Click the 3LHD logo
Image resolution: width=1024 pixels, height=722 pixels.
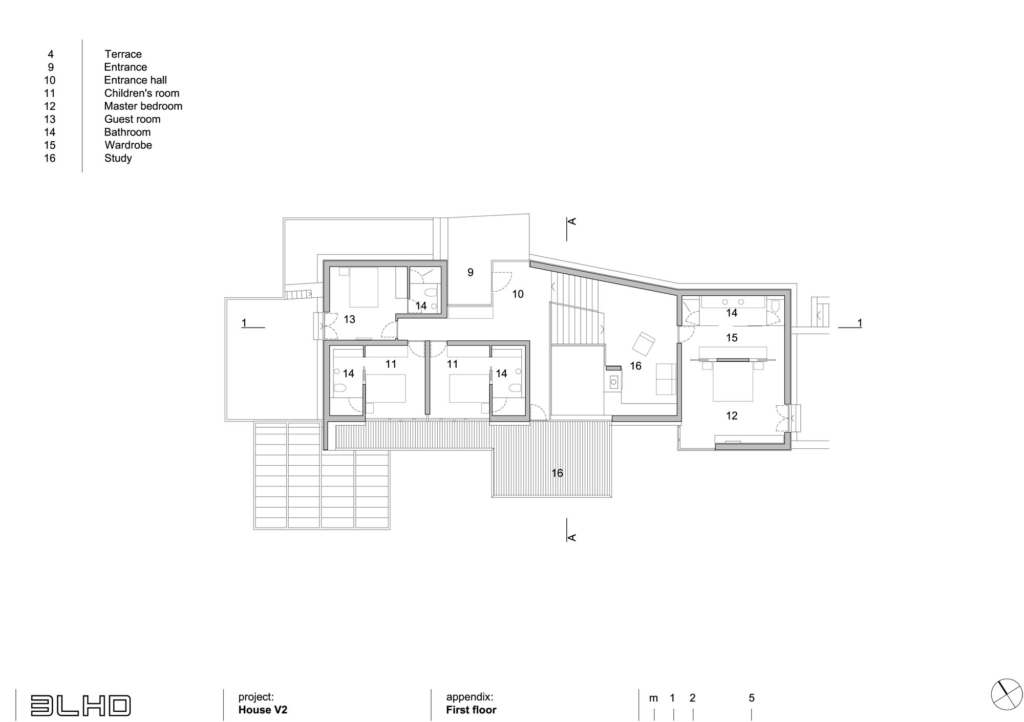(x=80, y=705)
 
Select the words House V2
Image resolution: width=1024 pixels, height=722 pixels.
(x=263, y=710)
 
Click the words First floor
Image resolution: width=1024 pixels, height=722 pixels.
(x=471, y=710)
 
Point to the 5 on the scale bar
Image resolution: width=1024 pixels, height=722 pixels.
(x=752, y=698)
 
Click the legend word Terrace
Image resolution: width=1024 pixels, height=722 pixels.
(x=123, y=54)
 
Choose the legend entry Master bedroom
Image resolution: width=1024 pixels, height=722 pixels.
(x=143, y=106)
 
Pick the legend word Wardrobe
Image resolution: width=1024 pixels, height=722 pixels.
(x=129, y=145)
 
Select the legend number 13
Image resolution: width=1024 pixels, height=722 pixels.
(x=50, y=119)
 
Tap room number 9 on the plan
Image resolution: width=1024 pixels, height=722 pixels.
(x=471, y=272)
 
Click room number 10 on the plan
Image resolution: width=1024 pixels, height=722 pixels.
(x=518, y=294)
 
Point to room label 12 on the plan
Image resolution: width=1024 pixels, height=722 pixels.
(x=732, y=415)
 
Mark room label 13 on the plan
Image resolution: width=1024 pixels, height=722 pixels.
(x=349, y=319)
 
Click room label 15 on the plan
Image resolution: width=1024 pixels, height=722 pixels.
(x=732, y=338)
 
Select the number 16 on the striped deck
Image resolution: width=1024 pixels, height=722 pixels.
(x=557, y=473)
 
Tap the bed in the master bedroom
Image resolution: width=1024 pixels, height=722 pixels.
(x=733, y=381)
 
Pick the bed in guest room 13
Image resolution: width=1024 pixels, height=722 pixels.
(x=364, y=287)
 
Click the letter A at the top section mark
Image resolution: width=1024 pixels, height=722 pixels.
(x=573, y=221)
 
